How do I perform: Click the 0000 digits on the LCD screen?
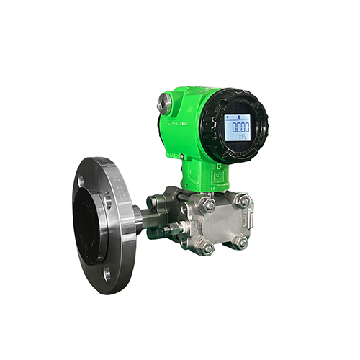click(238, 127)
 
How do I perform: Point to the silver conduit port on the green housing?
click(166, 103)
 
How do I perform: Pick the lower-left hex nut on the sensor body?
click(207, 248)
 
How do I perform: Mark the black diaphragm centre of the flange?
click(89, 224)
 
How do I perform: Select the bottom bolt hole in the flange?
click(107, 273)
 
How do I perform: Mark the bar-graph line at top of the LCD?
click(238, 117)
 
